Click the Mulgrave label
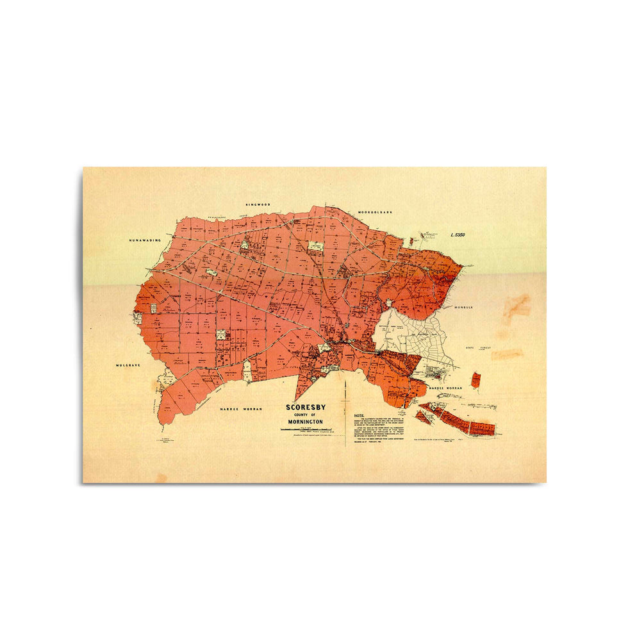pyautogui.click(x=128, y=365)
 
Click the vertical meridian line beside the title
pyautogui.click(x=345, y=410)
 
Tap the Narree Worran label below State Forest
pyautogui.click(x=445, y=388)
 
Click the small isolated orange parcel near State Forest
pyautogui.click(x=475, y=380)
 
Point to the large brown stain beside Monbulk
pyautogui.click(x=516, y=308)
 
